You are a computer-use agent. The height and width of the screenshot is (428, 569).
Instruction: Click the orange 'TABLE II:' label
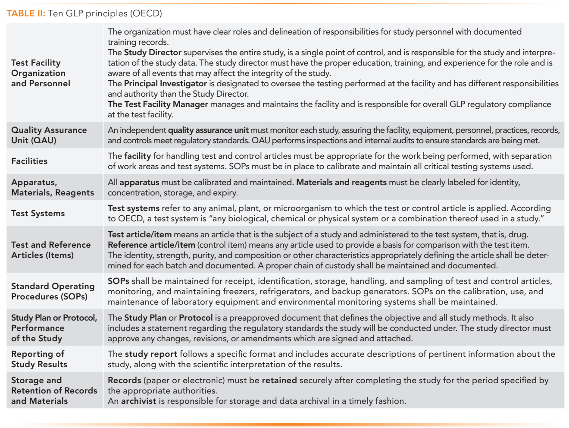click(26, 13)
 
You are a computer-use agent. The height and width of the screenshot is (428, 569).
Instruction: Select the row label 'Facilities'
click(29, 161)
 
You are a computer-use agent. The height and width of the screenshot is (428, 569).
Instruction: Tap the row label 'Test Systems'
click(38, 213)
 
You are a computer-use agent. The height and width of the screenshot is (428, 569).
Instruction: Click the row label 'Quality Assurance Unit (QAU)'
click(49, 135)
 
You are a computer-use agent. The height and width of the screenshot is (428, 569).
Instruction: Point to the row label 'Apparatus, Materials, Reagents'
click(52, 187)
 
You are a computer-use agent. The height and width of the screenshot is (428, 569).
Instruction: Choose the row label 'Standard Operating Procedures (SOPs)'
click(53, 291)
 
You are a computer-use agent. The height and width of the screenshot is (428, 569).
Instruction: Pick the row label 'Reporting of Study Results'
click(39, 359)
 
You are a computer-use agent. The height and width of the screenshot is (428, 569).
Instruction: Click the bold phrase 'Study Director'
click(153, 53)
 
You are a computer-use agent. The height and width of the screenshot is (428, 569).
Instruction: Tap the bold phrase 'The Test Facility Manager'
click(158, 104)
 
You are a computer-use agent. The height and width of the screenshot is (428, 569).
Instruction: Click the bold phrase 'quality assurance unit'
click(208, 130)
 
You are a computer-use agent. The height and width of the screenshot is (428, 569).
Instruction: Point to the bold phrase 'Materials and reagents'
click(341, 183)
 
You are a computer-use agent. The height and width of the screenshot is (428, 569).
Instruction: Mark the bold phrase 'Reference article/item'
click(151, 245)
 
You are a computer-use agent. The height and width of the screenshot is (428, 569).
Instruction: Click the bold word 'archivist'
click(138, 401)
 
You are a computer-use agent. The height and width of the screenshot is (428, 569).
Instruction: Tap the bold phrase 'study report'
click(151, 354)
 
